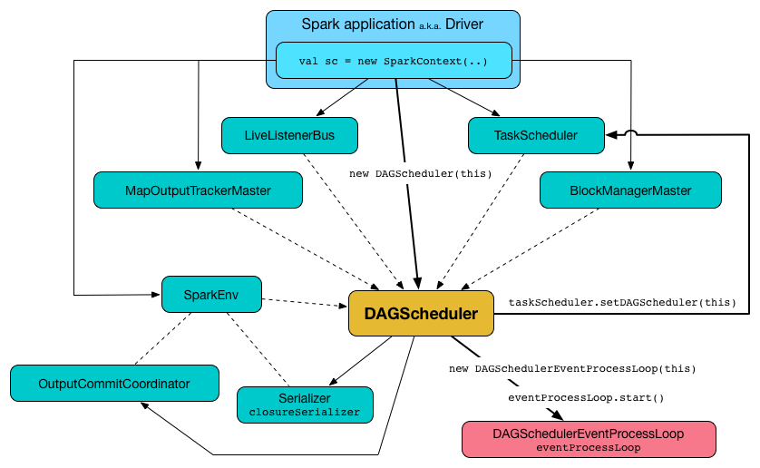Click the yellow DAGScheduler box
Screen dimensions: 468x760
tap(421, 314)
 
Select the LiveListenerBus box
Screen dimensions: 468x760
tap(289, 135)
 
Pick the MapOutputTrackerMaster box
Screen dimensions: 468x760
tap(197, 190)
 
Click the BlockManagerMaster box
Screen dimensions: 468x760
tap(629, 190)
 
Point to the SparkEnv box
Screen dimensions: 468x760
tap(211, 294)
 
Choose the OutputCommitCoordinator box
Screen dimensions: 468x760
tap(114, 384)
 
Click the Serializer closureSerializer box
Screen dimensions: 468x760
tap(305, 405)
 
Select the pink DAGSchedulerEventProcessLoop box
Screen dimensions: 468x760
tap(589, 440)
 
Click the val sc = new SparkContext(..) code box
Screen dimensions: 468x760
tap(393, 62)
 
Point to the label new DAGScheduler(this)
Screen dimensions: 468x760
tap(420, 172)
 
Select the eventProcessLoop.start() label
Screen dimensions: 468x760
tap(586, 397)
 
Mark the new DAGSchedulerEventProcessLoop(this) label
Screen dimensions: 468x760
tap(572, 369)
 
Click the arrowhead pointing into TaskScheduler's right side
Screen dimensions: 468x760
tap(611, 135)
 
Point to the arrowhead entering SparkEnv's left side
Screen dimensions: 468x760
tap(155, 294)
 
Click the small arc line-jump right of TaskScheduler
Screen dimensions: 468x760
tap(632, 135)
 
